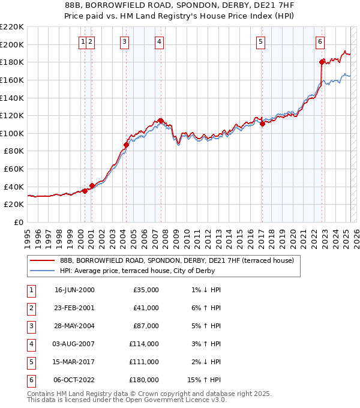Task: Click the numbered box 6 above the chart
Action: pos(320,41)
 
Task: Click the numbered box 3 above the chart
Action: pos(124,41)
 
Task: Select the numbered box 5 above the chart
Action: pos(261,41)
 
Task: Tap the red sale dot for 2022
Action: pos(322,62)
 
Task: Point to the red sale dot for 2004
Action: pos(127,145)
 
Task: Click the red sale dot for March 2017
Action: pos(262,124)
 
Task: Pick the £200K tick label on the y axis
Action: pos(12,44)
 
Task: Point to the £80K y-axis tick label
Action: pos(14,151)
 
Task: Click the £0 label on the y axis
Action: pos(19,222)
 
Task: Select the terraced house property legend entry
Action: pos(176,261)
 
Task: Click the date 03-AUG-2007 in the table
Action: pos(74,344)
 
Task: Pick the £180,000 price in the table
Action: pos(143,380)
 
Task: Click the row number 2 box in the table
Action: pos(30,308)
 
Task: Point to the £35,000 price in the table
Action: pos(146,290)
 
